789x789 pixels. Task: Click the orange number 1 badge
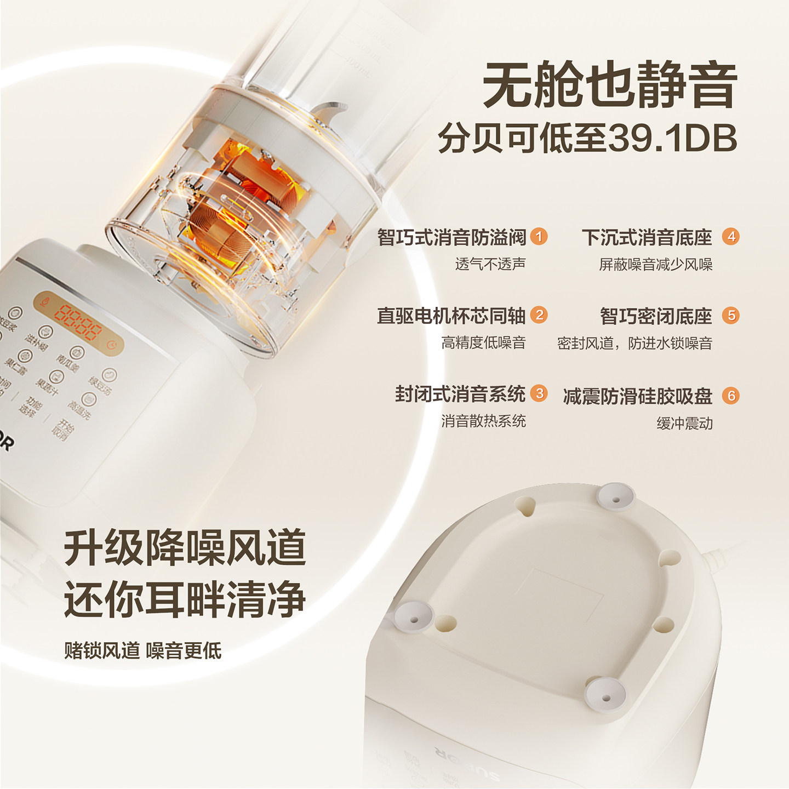pos(539,237)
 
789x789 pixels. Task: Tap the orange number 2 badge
pos(539,315)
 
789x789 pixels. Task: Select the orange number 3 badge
pos(539,393)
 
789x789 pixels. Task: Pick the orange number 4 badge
pos(730,237)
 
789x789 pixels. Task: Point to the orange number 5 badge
pos(730,316)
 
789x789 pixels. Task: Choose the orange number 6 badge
pos(730,396)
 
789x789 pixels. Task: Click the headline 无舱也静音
pos(609,85)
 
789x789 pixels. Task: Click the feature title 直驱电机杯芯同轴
pos(451,316)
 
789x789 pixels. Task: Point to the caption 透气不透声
pos(490,265)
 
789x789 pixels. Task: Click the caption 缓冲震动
pos(684,424)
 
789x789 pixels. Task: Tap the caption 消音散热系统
pos(483,421)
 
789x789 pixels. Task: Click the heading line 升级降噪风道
pos(185,547)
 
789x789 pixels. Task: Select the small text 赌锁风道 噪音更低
pos(142,650)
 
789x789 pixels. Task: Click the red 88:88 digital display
pos(78,322)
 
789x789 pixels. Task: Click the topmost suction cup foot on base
pos(615,498)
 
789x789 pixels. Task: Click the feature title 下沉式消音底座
pos(647,238)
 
